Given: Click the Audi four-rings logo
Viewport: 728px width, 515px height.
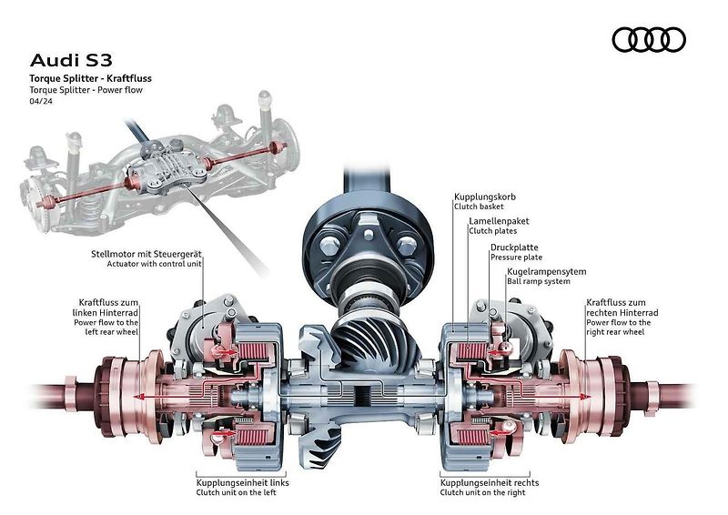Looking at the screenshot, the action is (x=649, y=39).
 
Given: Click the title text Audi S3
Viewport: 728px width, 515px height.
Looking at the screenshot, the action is (x=71, y=60).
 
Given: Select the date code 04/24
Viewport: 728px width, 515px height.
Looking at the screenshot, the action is (x=41, y=101).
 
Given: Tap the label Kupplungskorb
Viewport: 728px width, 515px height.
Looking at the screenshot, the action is (x=485, y=197).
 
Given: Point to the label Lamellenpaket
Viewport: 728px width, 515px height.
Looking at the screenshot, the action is (x=499, y=221).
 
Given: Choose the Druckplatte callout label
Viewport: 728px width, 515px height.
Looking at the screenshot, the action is (x=514, y=247).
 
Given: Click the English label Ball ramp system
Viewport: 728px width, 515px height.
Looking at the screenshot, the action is (x=539, y=281).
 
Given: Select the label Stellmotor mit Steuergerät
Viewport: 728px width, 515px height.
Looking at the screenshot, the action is (x=147, y=254).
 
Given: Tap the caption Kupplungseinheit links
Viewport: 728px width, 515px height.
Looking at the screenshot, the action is (x=242, y=483).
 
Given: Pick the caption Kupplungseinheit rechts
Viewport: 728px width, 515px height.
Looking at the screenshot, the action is (x=490, y=483).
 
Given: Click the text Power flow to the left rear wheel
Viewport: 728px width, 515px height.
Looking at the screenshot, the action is (x=106, y=327).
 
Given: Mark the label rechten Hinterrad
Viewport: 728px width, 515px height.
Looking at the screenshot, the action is (x=622, y=312).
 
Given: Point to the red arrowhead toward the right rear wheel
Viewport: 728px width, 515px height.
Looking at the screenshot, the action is (x=587, y=397).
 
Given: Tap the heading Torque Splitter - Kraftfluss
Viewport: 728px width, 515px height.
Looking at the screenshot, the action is (x=90, y=78).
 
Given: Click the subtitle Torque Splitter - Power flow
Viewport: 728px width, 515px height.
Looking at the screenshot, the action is (x=86, y=90).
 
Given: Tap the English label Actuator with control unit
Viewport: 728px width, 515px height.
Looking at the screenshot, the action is (x=154, y=264).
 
